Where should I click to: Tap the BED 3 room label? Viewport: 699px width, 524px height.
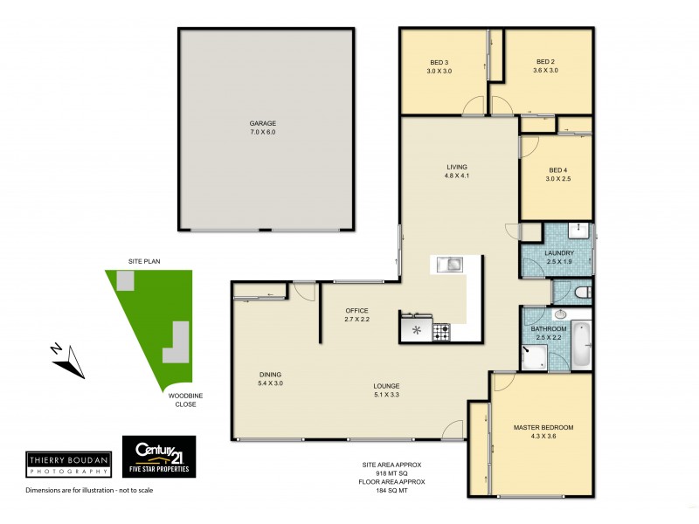click(x=439, y=62)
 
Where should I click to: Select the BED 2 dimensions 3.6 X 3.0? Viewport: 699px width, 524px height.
click(x=546, y=71)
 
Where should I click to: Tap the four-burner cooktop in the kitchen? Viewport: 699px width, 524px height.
click(x=441, y=331)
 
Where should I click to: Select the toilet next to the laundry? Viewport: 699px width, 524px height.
click(x=582, y=292)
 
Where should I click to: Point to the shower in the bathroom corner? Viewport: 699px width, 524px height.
click(x=535, y=355)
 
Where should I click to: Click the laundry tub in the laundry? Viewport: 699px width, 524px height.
click(x=578, y=231)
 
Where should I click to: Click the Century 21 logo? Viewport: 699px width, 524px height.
click(x=158, y=456)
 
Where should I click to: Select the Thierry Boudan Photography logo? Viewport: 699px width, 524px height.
click(x=70, y=465)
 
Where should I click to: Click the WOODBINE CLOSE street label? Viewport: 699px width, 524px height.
click(x=183, y=400)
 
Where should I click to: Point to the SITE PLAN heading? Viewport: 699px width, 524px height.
click(x=145, y=261)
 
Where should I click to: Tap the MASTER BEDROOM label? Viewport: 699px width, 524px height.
click(x=543, y=427)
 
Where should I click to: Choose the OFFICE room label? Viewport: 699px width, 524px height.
click(x=356, y=311)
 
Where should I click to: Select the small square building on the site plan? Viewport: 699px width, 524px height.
click(x=127, y=280)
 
